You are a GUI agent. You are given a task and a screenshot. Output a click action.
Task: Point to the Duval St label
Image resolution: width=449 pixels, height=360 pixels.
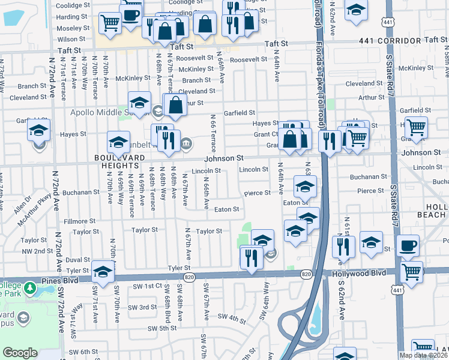(77, 260)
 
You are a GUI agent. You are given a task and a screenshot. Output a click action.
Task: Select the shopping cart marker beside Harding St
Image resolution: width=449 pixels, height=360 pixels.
(110, 22)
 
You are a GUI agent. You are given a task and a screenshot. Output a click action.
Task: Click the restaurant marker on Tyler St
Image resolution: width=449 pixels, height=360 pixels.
(251, 257)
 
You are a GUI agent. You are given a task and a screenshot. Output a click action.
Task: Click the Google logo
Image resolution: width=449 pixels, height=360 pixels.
(20, 353)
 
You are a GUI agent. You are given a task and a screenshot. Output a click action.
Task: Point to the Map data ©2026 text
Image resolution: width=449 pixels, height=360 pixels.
(423, 355)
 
